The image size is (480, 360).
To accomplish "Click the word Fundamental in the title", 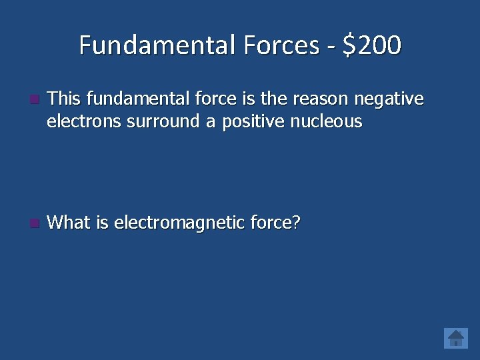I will coord(158,45).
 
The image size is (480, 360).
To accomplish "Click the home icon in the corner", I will coord(456,338).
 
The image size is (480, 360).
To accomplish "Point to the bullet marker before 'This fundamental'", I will coord(35,99).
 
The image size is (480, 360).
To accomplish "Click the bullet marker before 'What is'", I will coord(35,222).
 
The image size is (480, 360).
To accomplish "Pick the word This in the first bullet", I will coord(64,99).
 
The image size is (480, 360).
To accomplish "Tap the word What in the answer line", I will coord(69,222).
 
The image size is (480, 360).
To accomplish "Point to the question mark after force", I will coord(296,222).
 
